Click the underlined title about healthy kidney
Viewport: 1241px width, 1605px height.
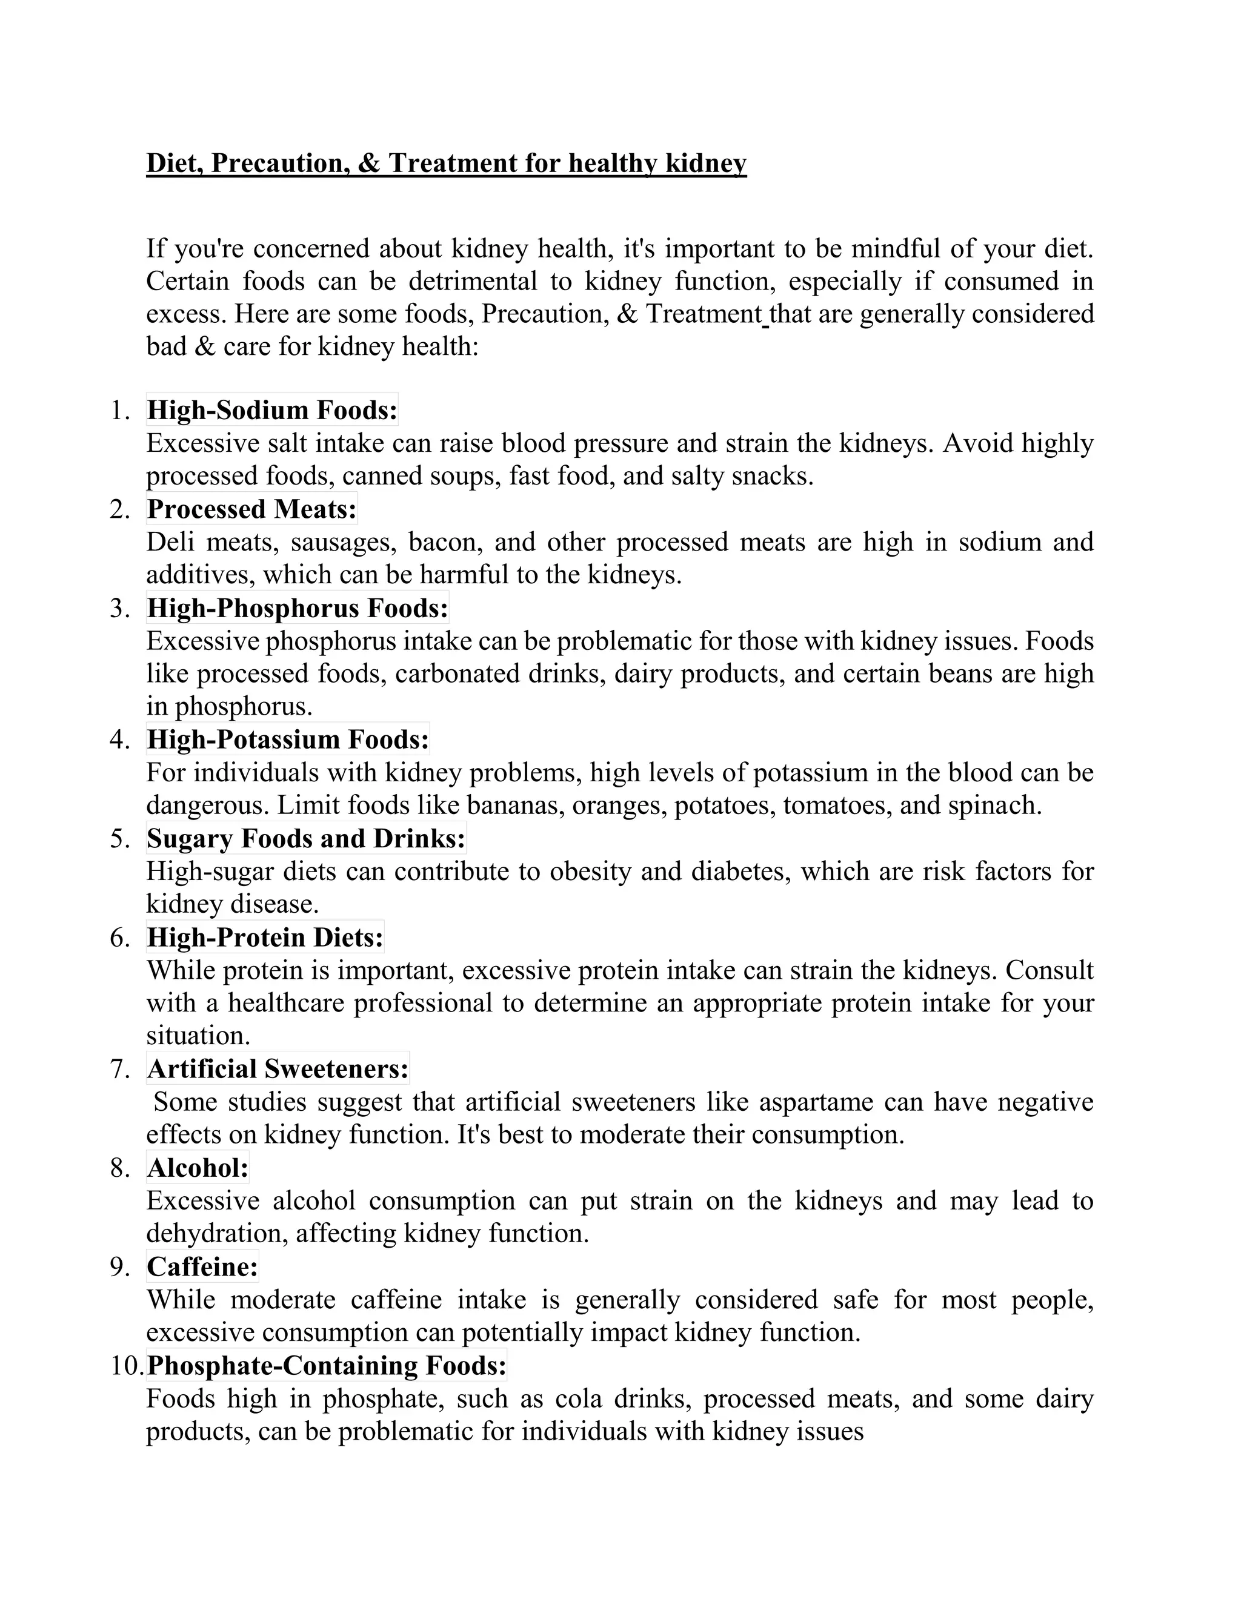tap(446, 163)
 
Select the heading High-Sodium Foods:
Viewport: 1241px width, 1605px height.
tap(272, 410)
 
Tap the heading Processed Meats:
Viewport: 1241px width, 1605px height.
tap(251, 509)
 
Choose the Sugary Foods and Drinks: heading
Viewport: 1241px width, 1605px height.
tap(306, 838)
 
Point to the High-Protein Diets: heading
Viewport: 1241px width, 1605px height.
tap(265, 938)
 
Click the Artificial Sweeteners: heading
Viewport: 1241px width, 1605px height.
tap(277, 1068)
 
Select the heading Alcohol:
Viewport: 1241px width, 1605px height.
tap(198, 1168)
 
